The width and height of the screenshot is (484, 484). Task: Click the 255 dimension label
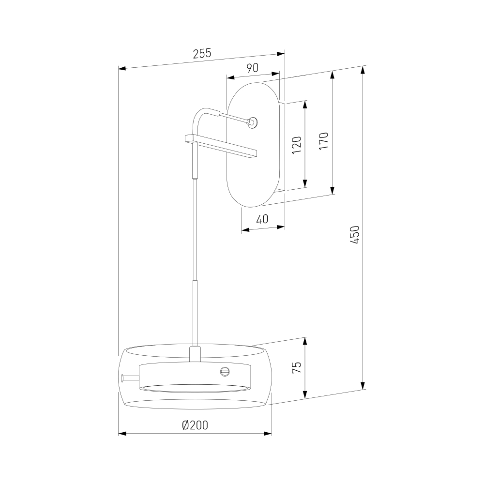click(x=202, y=53)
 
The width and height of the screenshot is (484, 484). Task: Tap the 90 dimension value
click(x=253, y=68)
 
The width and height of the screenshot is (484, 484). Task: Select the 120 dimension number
click(x=296, y=145)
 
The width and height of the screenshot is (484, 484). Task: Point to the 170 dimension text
click(x=323, y=141)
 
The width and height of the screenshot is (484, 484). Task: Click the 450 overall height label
click(x=355, y=235)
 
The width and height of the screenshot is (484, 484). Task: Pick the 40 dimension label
click(x=262, y=219)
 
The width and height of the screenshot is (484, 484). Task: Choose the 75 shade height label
click(x=296, y=367)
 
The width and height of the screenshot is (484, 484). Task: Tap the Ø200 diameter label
click(x=195, y=425)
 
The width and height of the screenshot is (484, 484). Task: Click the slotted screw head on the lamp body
click(x=225, y=371)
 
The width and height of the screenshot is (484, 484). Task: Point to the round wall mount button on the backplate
click(x=253, y=122)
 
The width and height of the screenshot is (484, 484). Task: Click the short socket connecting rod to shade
click(x=195, y=354)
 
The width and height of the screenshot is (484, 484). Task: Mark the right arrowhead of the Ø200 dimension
click(x=268, y=434)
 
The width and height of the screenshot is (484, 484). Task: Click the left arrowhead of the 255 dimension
click(x=122, y=68)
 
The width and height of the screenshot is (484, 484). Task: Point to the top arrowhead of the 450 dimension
click(x=363, y=71)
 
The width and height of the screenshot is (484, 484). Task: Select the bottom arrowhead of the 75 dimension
click(x=305, y=394)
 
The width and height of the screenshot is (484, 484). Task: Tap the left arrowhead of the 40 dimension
click(x=245, y=229)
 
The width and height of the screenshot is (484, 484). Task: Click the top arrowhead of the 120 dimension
click(x=305, y=105)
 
